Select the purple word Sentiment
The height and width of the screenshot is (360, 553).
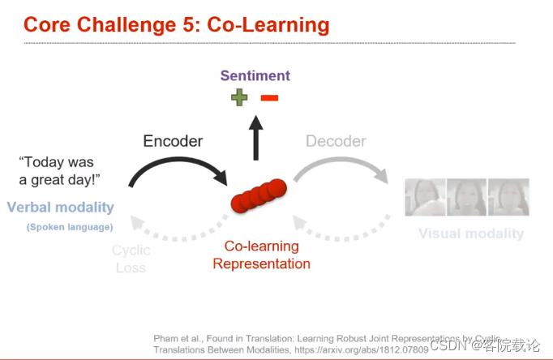click(255, 76)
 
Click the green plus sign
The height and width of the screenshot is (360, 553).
click(239, 98)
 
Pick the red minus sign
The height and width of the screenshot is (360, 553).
click(269, 98)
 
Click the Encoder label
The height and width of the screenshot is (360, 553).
click(173, 141)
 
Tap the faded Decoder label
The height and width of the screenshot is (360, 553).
click(336, 141)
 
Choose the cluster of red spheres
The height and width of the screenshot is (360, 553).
click(259, 195)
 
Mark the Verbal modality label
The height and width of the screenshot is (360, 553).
click(60, 207)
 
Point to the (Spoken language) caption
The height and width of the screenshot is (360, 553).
click(70, 227)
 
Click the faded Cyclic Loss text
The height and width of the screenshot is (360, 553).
click(131, 259)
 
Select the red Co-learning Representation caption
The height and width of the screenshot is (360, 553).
click(261, 255)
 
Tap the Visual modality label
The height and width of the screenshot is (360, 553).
click(470, 234)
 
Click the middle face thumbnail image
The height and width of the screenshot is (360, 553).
click(467, 197)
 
